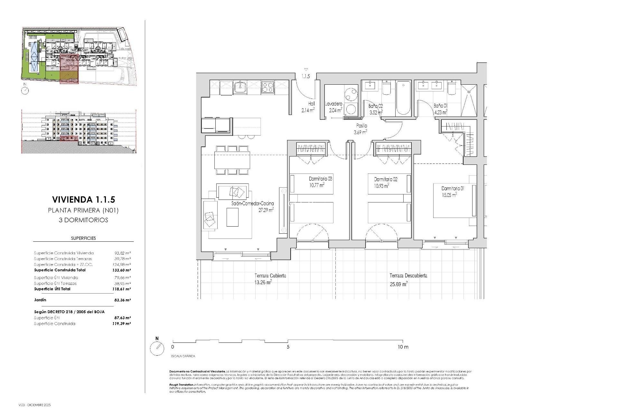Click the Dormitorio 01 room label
pos(453,188)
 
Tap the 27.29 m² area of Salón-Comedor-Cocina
pos(266,210)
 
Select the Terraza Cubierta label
pos(270,276)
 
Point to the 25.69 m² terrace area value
pos(398,284)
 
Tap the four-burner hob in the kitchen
pos(267,87)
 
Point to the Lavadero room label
pos(333,104)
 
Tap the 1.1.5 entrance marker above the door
pos(305,76)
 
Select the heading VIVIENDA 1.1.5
pos(83,200)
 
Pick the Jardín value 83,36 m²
pos(122,300)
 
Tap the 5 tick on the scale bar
pos(288,347)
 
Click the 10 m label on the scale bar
pos(403,347)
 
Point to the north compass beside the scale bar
pos(157,348)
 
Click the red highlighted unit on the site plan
pos(69,69)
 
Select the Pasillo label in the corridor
pos(361,126)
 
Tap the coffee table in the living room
pos(232,217)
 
